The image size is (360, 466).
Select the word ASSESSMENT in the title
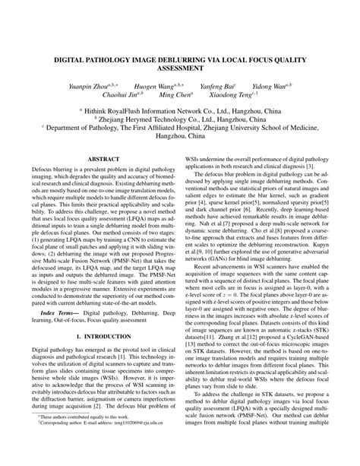coord(180,67)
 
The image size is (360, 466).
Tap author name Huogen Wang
coord(159,87)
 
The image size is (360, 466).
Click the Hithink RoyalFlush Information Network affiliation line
coord(180,109)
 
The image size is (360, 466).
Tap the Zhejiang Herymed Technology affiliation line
coord(180,119)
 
